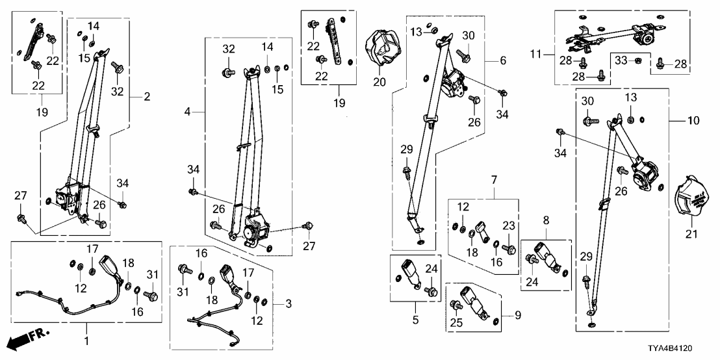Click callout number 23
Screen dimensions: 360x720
[509, 225]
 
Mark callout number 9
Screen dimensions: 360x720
[518, 316]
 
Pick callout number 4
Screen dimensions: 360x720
[187, 112]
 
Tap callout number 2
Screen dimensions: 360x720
[147, 97]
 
